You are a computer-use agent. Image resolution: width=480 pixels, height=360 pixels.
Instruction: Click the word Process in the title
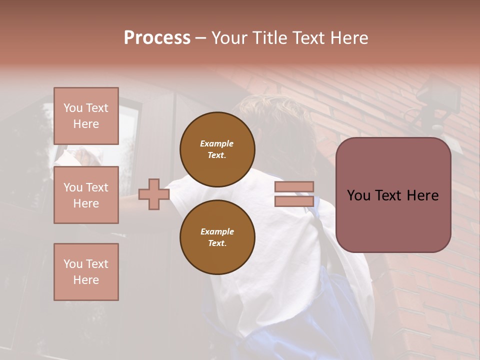click(157, 38)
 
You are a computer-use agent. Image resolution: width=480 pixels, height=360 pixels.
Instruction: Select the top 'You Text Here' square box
click(86, 116)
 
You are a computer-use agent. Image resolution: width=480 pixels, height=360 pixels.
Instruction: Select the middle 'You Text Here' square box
click(86, 195)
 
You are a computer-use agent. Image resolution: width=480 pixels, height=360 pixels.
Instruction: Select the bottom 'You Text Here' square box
click(86, 272)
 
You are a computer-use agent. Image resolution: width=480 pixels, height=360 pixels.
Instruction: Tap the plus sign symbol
click(153, 194)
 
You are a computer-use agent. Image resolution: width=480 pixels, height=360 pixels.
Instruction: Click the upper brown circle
click(217, 149)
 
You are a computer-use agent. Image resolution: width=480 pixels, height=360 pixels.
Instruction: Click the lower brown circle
click(217, 237)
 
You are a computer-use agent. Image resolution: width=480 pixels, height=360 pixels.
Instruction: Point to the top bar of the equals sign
click(294, 187)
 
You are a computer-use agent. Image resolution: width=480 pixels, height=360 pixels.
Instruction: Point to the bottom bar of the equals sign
click(294, 201)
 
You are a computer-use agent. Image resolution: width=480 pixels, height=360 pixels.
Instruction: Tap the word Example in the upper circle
click(217, 143)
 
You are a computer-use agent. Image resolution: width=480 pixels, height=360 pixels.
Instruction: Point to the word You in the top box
click(73, 108)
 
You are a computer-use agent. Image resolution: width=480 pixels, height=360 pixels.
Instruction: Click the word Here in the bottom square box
click(86, 280)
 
